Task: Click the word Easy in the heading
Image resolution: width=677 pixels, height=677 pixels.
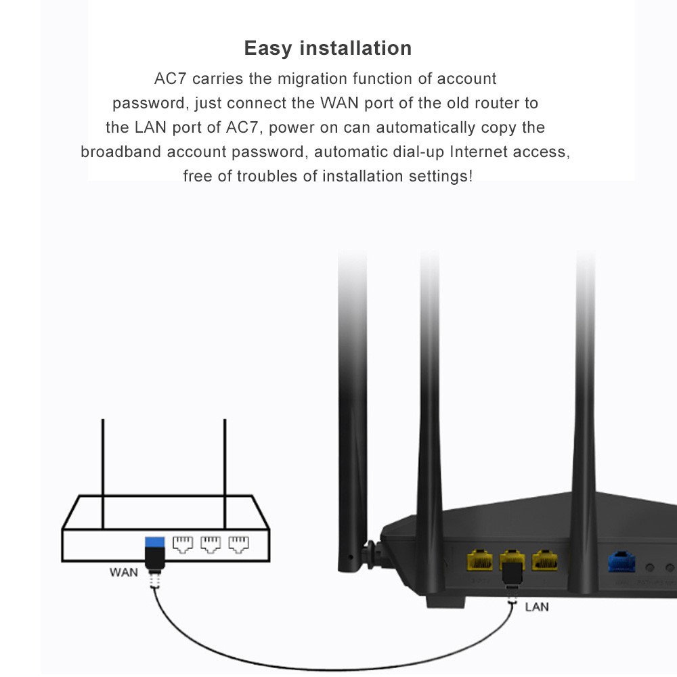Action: [x=268, y=49]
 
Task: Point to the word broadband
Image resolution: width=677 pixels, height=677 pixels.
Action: [x=121, y=152]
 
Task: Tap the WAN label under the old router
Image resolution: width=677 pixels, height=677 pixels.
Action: [x=124, y=572]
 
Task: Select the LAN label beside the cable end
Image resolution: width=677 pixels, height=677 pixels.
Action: [x=537, y=607]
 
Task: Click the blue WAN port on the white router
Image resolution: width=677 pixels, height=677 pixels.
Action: [x=155, y=542]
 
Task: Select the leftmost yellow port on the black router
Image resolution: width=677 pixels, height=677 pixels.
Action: [x=480, y=561]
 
